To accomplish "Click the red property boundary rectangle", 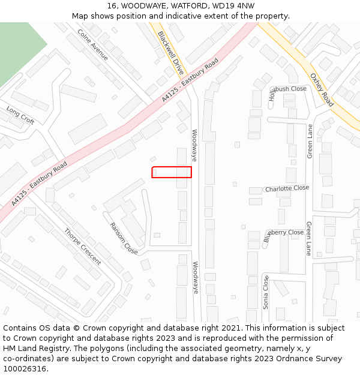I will click(x=172, y=172).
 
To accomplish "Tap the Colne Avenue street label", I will click(x=93, y=44).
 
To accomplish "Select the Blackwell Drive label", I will click(x=170, y=53).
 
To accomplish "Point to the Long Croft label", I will click(x=20, y=115).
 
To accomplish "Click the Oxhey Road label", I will click(x=321, y=90).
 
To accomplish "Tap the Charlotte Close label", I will click(x=287, y=188).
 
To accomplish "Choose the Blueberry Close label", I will click(x=283, y=233).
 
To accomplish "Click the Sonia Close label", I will click(x=266, y=292).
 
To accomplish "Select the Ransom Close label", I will click(x=124, y=238).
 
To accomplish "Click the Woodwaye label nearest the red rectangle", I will click(x=194, y=145).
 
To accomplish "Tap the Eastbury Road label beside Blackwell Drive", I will click(x=190, y=80).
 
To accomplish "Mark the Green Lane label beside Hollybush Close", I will click(x=310, y=141).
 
